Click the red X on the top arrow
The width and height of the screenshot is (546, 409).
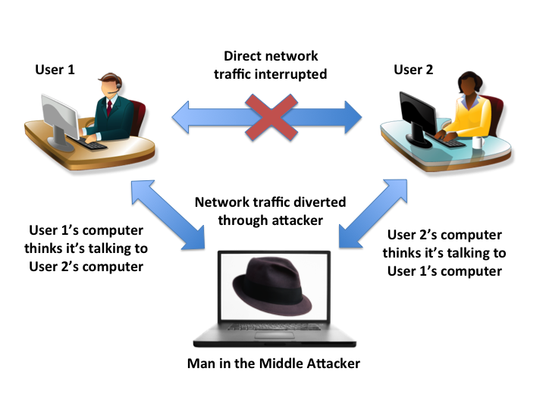click(270, 117)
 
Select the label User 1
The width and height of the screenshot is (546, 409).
click(55, 70)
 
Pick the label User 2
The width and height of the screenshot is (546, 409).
click(413, 70)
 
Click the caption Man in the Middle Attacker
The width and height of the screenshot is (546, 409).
click(273, 363)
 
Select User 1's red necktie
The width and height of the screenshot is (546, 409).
click(109, 108)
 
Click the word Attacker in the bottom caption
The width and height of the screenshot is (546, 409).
click(328, 363)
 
